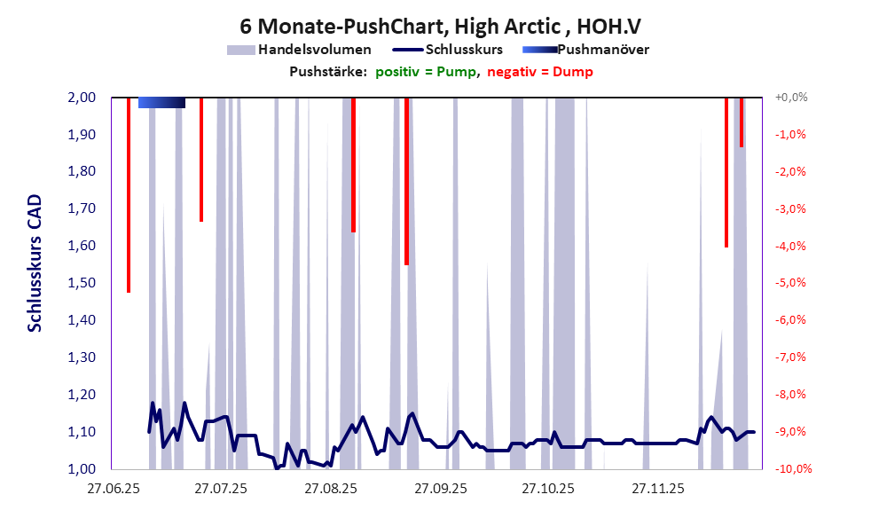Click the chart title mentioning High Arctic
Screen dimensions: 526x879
click(439, 27)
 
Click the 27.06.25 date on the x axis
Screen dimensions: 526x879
click(113, 489)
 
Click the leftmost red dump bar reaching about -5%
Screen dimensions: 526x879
click(129, 195)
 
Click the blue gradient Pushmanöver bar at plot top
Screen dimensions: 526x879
click(162, 103)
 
